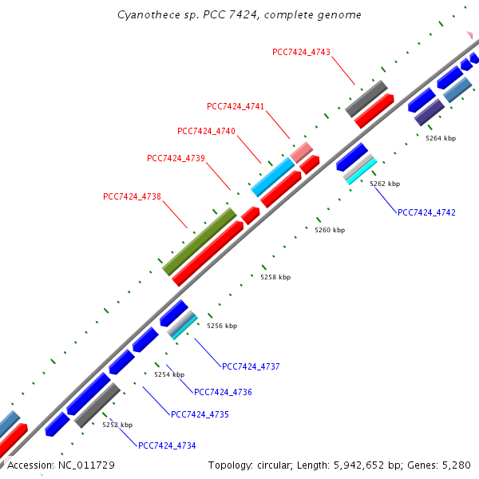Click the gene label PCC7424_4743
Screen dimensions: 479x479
click(x=301, y=52)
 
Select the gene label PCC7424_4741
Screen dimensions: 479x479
click(x=236, y=106)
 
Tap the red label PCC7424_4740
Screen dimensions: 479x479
click(x=206, y=131)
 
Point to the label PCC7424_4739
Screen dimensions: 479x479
click(x=176, y=158)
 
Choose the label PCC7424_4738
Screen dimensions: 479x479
click(x=133, y=196)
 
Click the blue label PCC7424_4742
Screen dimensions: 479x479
click(x=426, y=212)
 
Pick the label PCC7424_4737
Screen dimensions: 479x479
click(x=251, y=366)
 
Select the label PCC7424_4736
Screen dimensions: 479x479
click(x=223, y=392)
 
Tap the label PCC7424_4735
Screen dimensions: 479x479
click(x=200, y=414)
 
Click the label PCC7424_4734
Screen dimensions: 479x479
click(x=166, y=445)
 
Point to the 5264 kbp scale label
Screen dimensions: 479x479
click(x=440, y=138)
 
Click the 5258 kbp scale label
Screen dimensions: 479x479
click(x=275, y=277)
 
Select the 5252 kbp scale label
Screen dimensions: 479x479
click(x=117, y=425)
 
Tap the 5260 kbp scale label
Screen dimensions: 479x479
click(x=330, y=230)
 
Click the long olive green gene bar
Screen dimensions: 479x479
click(x=200, y=241)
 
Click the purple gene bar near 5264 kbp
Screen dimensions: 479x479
click(x=430, y=112)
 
